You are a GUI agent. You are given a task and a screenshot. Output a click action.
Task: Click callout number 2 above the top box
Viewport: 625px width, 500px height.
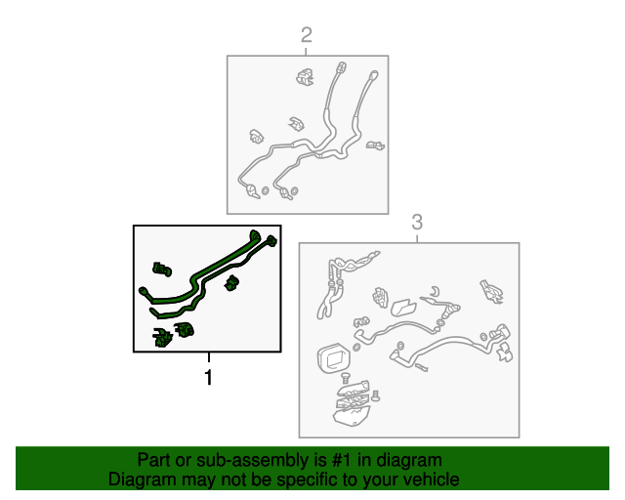click(x=306, y=35)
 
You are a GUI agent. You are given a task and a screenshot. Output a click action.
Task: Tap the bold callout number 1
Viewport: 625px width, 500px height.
click(x=208, y=377)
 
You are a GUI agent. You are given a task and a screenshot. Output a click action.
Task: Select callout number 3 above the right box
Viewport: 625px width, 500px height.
click(x=417, y=222)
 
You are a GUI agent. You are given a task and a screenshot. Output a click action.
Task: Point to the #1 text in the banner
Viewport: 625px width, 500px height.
click(x=341, y=460)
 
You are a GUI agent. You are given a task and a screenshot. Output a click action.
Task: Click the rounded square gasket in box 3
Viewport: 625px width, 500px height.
click(x=333, y=357)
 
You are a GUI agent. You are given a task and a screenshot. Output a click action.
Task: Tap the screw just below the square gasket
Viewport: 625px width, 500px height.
click(x=345, y=378)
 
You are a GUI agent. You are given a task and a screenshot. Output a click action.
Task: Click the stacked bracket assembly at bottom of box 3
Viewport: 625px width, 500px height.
click(x=352, y=403)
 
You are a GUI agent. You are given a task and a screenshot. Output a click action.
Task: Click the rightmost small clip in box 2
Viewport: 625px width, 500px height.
click(x=375, y=146)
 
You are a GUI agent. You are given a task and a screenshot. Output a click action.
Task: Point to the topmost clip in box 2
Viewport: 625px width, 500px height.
click(x=305, y=76)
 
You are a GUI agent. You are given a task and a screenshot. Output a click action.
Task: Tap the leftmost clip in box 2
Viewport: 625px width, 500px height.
click(x=256, y=137)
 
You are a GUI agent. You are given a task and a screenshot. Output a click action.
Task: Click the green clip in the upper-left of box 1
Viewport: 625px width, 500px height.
click(x=162, y=270)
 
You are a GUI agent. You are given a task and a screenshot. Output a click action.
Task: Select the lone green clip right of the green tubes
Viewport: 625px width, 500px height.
click(x=231, y=282)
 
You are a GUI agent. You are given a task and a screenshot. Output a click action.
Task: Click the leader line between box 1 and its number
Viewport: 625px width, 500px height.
click(x=208, y=357)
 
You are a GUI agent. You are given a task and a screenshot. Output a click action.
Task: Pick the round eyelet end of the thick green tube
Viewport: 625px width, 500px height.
click(x=143, y=291)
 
